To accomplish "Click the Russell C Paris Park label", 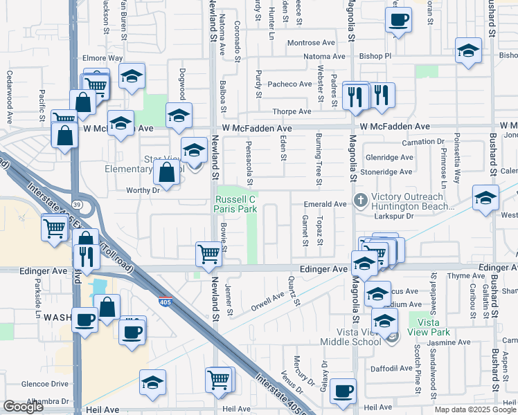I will pos(233,204).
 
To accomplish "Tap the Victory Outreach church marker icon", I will pos(360,200).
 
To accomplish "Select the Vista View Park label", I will pos(429,327).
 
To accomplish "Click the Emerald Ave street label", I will pos(325,204).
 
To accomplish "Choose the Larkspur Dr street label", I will pos(393,216).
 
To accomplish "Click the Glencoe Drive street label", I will pos(45,384).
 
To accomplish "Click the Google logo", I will pos(23,407).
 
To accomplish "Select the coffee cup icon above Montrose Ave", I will pos(398,20).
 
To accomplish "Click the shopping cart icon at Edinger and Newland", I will pos(208,254).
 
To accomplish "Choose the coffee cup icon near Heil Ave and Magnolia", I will pos(343,391).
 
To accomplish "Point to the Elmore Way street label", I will pos(102,58).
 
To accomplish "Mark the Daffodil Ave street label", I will pos(392,369).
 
